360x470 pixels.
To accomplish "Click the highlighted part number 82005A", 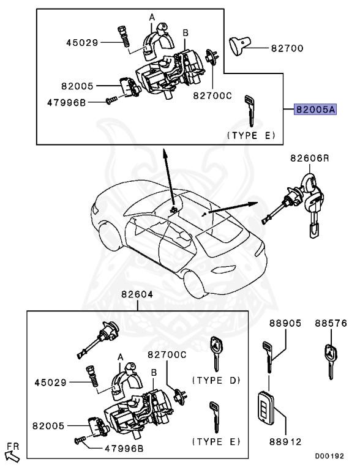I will (x=315, y=110).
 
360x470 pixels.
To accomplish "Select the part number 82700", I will (x=285, y=47).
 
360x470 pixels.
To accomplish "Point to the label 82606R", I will (x=309, y=159).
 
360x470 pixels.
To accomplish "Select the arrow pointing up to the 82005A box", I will (x=168, y=177).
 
